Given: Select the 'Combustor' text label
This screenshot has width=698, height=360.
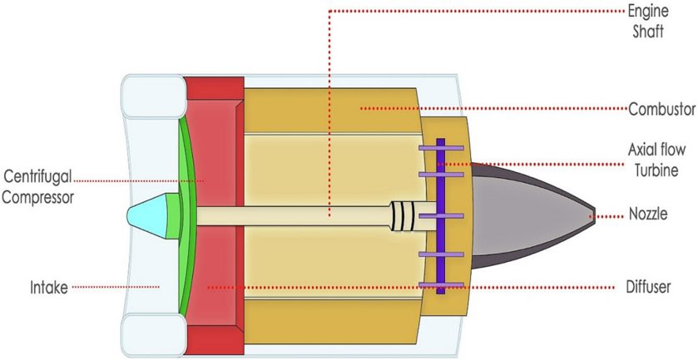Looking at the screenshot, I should [x=662, y=108].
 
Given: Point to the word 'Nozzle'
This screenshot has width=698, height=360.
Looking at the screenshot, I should [x=651, y=216].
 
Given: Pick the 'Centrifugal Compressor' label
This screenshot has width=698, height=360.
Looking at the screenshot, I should [x=39, y=187].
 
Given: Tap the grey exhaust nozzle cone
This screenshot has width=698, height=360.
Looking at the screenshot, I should [x=532, y=215].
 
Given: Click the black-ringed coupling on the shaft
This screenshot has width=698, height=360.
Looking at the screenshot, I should [x=401, y=215].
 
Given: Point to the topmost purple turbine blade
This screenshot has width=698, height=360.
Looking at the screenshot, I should [x=441, y=149].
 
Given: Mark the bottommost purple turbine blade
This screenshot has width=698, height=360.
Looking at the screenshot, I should [x=441, y=284].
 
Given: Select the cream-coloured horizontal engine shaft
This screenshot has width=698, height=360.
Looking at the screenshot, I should [x=291, y=215].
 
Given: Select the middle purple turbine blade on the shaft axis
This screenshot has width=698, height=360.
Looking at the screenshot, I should [x=441, y=215].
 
